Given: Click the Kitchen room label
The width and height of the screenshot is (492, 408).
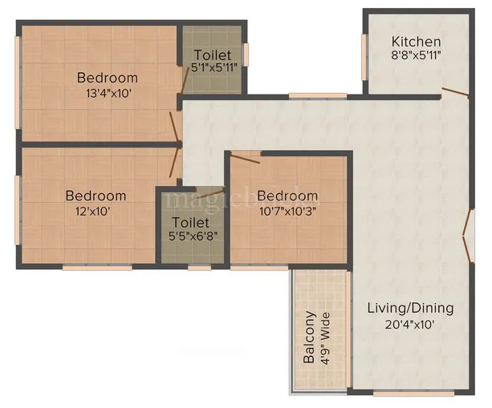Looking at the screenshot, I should tap(416, 41).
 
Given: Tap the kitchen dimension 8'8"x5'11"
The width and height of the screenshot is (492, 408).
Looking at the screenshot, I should tap(416, 55).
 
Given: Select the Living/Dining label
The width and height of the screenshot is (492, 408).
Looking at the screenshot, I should tap(410, 308).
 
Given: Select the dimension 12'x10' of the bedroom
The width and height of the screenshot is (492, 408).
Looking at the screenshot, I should tap(89, 212).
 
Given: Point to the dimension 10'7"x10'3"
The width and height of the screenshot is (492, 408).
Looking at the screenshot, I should tap(287, 211).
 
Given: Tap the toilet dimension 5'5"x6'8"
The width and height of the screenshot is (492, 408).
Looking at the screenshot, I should tap(189, 236).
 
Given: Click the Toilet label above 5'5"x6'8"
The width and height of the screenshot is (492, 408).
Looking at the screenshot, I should tap(189, 222).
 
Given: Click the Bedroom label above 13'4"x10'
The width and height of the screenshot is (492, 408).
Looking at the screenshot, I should tap(107, 78).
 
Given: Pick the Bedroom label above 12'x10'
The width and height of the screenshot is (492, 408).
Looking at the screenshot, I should tap(96, 196).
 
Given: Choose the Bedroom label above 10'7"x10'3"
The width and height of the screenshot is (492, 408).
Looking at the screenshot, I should tap(287, 196).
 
